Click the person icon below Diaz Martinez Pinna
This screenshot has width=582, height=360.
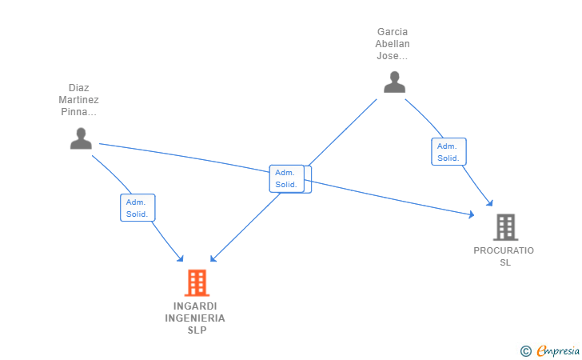click(81, 138)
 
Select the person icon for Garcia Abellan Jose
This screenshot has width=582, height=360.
click(395, 82)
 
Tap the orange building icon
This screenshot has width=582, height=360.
click(197, 282)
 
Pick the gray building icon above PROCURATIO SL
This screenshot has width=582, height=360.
click(505, 227)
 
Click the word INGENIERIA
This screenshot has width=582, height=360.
click(195, 318)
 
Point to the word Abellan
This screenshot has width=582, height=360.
click(393, 44)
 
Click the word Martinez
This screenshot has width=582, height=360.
click(78, 99)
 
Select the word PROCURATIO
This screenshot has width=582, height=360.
click(504, 250)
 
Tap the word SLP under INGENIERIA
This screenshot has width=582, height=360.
click(197, 330)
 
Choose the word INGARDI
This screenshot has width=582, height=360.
click(195, 306)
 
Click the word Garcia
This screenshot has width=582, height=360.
click(393, 31)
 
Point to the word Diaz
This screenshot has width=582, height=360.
click(78, 88)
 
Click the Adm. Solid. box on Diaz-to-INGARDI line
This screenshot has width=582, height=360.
click(138, 208)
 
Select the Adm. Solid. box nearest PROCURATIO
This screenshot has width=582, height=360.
click(448, 151)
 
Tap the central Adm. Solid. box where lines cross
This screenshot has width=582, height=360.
click(287, 178)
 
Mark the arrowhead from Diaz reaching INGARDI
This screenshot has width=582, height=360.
click(181, 258)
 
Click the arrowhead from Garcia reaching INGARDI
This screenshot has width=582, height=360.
click(213, 258)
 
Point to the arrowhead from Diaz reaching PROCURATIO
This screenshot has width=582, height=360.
click(472, 214)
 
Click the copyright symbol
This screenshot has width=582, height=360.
click(525, 351)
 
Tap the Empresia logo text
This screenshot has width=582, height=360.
click(558, 350)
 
